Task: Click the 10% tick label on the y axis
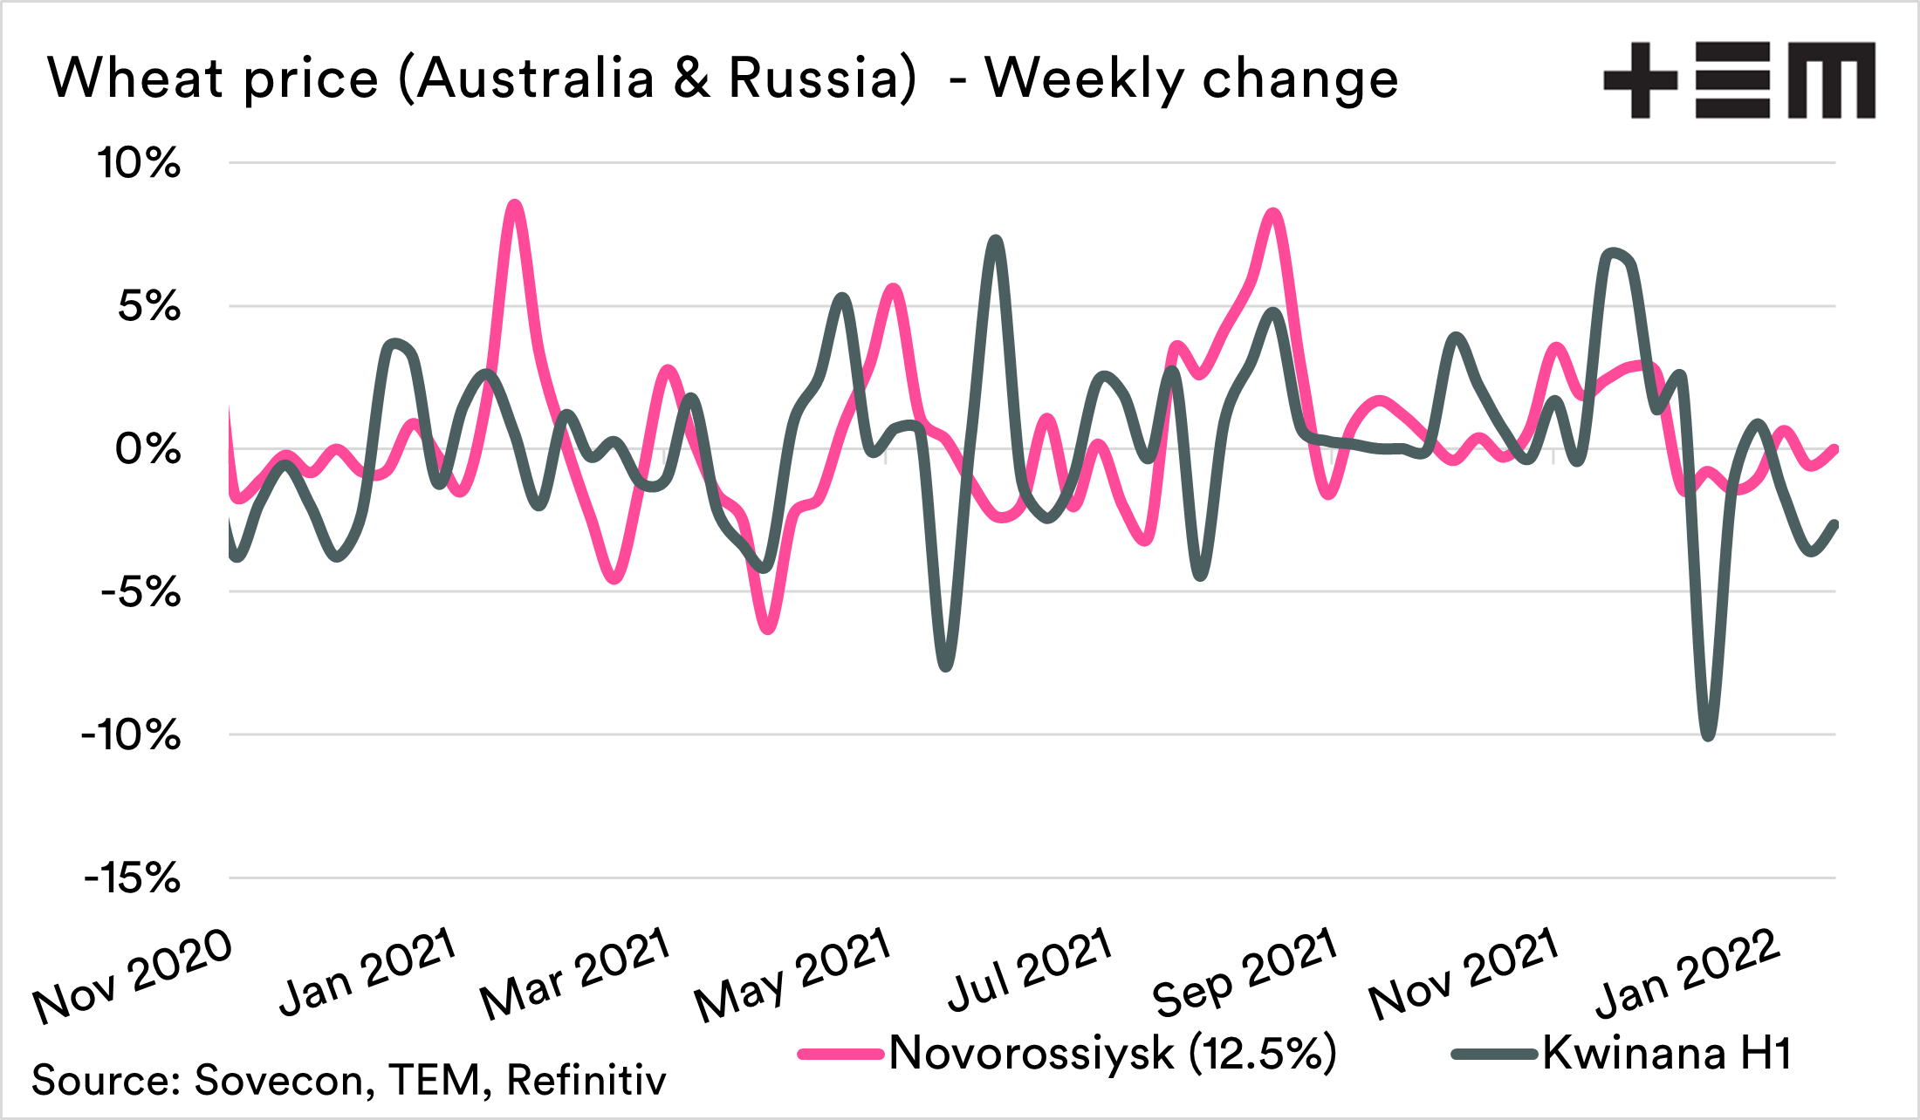click(x=139, y=163)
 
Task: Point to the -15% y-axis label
click(x=132, y=878)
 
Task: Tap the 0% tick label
click(x=147, y=450)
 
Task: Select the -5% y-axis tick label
click(x=141, y=593)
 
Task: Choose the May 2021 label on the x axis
click(x=792, y=975)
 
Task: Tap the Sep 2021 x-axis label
click(x=1245, y=973)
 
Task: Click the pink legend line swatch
click(x=840, y=1054)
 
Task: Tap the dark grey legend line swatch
click(x=1493, y=1054)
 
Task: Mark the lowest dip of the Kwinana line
click(x=1708, y=736)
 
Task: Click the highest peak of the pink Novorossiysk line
click(x=515, y=205)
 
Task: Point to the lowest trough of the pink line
click(x=767, y=629)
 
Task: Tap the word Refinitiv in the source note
click(x=586, y=1080)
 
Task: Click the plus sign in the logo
click(x=1641, y=80)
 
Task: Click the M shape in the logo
click(x=1832, y=80)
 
